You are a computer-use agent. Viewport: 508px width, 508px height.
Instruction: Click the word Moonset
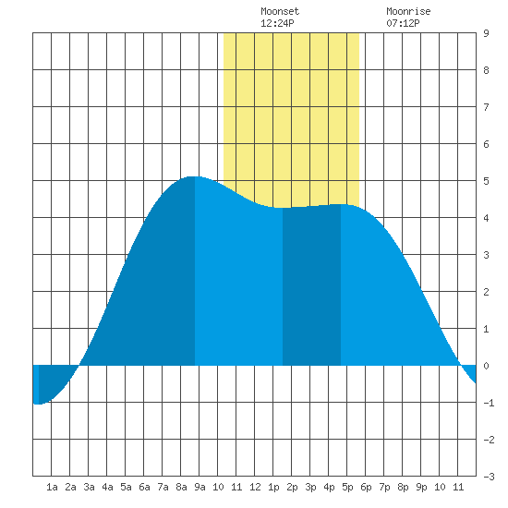tap(280, 11)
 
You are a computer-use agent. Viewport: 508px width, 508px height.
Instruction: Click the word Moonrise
tap(408, 11)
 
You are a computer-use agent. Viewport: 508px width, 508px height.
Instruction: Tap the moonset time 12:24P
tap(277, 23)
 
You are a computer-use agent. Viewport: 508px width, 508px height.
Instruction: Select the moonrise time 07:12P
tap(403, 23)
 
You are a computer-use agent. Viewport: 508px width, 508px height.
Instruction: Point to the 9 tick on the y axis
tap(486, 33)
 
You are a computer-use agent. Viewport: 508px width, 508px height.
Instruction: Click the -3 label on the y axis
tap(489, 477)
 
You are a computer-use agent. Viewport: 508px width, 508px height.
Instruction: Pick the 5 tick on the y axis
tap(486, 181)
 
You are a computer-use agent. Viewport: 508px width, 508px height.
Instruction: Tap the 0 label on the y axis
tap(486, 366)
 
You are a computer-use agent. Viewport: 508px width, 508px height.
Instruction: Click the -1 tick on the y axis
tap(489, 403)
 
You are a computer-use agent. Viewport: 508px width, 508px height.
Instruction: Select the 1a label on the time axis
tap(52, 487)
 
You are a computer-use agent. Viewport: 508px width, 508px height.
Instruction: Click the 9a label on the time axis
tap(200, 487)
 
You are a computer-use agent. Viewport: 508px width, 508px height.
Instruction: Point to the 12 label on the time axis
tap(255, 487)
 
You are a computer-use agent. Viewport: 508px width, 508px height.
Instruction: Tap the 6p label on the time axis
tap(366, 487)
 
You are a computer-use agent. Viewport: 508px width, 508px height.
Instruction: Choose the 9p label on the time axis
tap(421, 487)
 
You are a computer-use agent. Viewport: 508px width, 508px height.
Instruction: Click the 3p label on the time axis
tap(310, 487)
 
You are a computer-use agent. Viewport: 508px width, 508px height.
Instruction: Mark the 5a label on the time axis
tap(126, 487)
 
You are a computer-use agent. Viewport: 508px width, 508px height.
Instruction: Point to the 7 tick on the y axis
tap(486, 107)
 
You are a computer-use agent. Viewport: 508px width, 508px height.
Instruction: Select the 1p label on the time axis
tap(273, 487)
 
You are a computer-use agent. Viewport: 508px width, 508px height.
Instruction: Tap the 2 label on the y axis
tap(486, 292)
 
